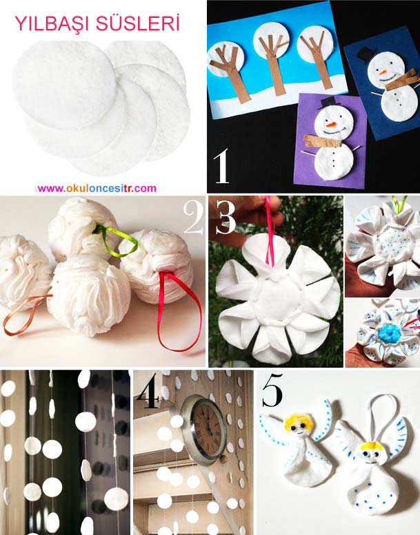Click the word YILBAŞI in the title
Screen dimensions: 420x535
click(52, 24)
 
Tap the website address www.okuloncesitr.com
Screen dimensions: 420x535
click(97, 189)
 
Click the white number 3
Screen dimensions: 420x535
click(226, 218)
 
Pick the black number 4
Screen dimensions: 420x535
click(148, 390)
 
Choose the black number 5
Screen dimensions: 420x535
click(272, 390)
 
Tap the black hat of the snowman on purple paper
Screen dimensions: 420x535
click(328, 102)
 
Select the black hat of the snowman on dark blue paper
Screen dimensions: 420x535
click(367, 54)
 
